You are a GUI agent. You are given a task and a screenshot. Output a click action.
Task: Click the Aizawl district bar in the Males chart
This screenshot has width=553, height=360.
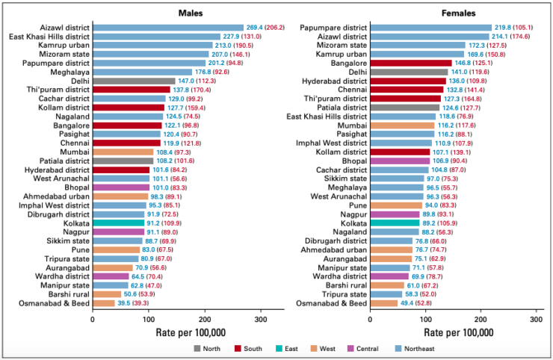168,28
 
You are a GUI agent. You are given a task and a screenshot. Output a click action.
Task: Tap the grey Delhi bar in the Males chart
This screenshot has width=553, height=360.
134,81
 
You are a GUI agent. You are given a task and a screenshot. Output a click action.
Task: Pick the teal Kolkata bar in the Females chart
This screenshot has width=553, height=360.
395,223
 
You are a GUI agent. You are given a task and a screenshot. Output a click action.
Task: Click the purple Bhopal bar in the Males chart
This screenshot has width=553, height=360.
121,187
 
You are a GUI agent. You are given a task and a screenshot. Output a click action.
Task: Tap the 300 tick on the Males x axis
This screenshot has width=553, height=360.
261,319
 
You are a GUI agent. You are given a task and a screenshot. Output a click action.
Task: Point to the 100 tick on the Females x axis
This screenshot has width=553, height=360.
426,319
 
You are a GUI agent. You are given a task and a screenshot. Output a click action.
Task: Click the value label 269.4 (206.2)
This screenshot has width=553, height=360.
271,28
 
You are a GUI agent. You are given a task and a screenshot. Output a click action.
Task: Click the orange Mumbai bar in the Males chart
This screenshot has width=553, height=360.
123,152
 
